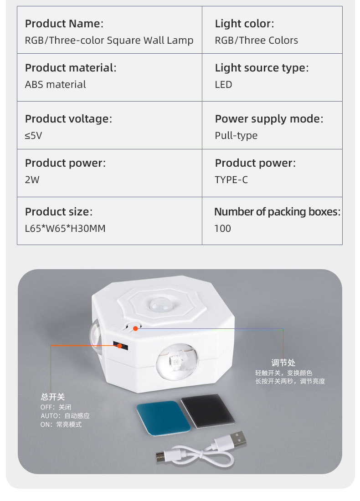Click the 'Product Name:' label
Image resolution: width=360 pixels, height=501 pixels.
click(64, 24)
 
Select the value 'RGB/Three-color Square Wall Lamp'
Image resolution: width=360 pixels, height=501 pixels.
click(109, 40)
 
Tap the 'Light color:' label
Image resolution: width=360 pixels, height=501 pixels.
click(244, 24)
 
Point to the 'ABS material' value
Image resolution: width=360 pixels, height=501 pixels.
click(55, 84)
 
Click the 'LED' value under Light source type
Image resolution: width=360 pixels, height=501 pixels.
click(223, 84)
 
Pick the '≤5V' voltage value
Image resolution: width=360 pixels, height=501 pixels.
click(33, 135)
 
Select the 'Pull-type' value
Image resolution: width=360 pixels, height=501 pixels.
click(236, 135)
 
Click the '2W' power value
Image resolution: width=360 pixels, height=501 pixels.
click(32, 179)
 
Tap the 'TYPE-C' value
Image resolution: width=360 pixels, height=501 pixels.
click(231, 179)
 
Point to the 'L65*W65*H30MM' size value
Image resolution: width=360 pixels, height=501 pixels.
click(65, 228)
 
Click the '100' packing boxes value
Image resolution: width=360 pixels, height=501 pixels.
click(222, 228)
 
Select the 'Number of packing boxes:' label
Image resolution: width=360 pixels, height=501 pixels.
click(277, 212)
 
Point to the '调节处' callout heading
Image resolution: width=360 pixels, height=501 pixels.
click(283, 363)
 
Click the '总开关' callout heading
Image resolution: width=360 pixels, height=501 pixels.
click(53, 397)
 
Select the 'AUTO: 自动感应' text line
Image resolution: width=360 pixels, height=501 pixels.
click(65, 416)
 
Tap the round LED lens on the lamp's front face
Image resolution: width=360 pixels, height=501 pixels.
click(174, 363)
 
